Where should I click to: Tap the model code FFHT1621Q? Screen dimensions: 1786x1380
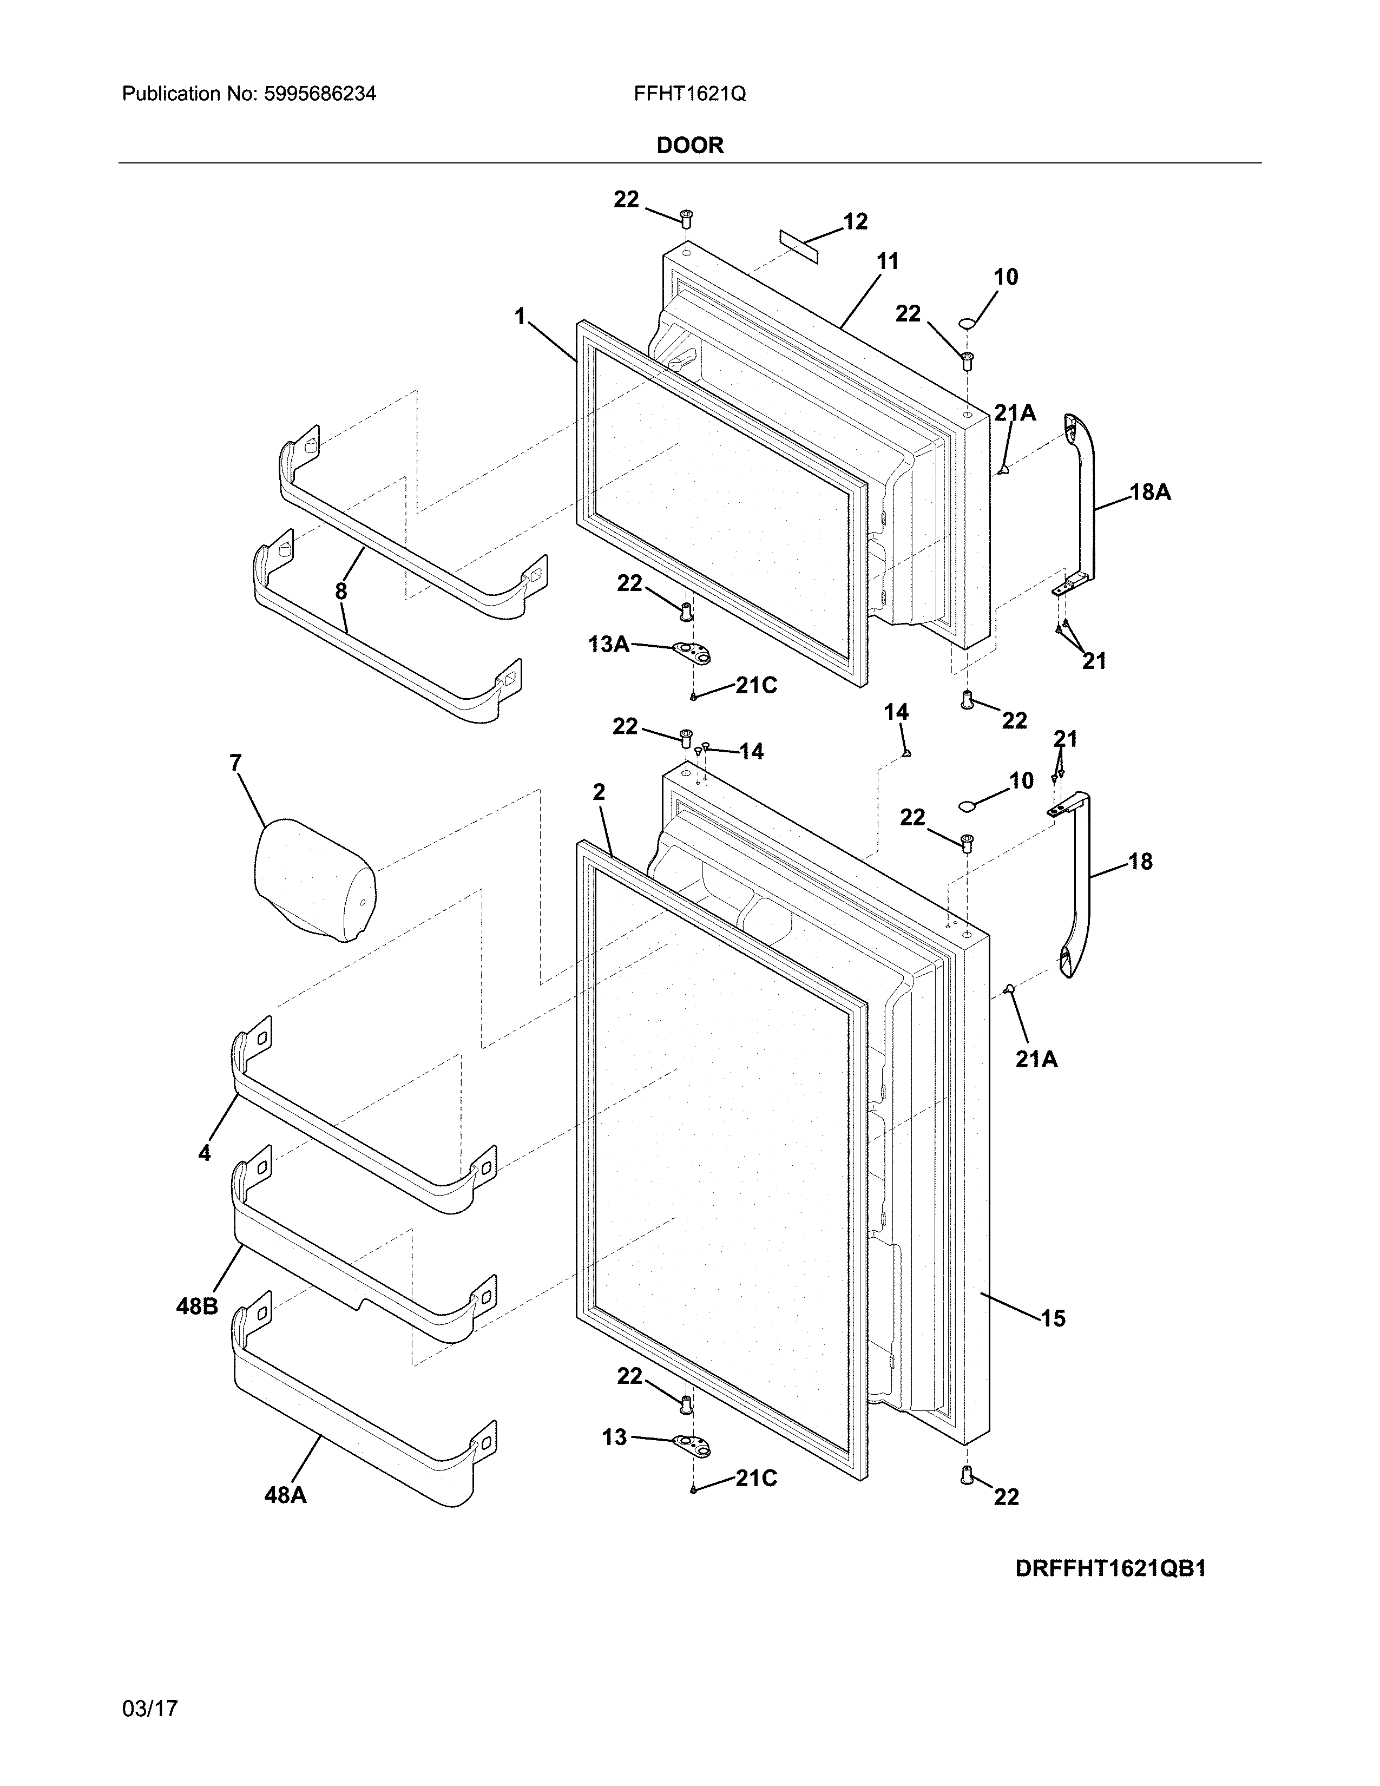pyautogui.click(x=689, y=94)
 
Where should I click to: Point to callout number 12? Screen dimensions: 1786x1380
pyautogui.click(x=855, y=221)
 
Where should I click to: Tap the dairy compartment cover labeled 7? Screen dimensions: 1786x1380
pyautogui.click(x=315, y=879)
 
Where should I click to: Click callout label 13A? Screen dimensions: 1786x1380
pyautogui.click(x=609, y=645)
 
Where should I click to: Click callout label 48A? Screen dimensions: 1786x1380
pyautogui.click(x=285, y=1495)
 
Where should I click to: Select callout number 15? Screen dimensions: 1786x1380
pyautogui.click(x=1053, y=1318)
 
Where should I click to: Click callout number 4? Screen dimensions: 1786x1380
pyautogui.click(x=205, y=1153)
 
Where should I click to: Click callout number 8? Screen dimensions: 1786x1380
pyautogui.click(x=341, y=591)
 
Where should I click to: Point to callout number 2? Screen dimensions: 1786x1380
pyautogui.click(x=599, y=792)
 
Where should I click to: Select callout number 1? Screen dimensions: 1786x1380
pyautogui.click(x=519, y=317)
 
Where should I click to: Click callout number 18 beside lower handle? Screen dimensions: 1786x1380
pyautogui.click(x=1140, y=861)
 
